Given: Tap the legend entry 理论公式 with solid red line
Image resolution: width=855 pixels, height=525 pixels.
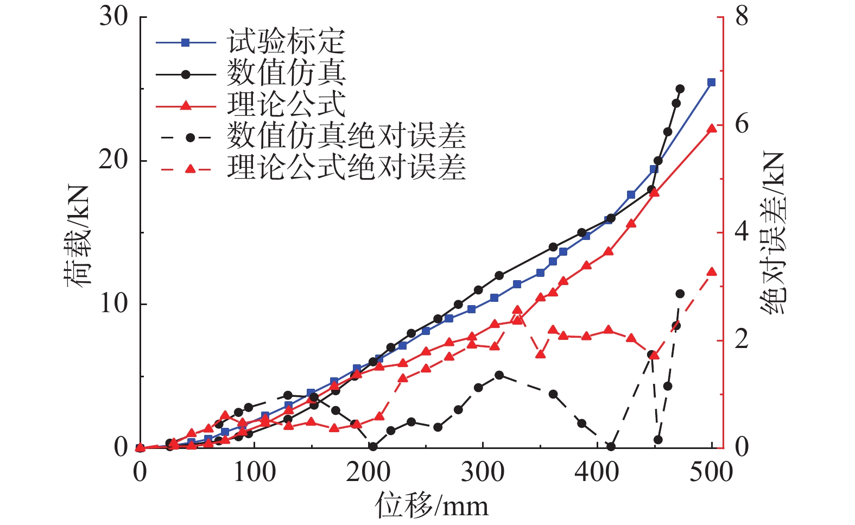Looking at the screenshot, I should pyautogui.click(x=285, y=105).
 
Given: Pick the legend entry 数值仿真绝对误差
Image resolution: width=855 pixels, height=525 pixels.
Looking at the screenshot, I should pyautogui.click(x=345, y=136).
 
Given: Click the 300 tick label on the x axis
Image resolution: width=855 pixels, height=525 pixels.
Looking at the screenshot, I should pyautogui.click(x=483, y=472).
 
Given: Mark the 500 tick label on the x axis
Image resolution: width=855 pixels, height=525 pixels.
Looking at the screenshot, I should pyautogui.click(x=711, y=472).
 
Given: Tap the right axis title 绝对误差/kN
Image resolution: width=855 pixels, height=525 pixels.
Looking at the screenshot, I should pyautogui.click(x=772, y=233).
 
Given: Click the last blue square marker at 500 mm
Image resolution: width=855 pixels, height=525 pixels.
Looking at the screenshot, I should pyautogui.click(x=712, y=83).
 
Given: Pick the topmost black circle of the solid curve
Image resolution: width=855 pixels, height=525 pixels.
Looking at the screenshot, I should pyautogui.click(x=680, y=89).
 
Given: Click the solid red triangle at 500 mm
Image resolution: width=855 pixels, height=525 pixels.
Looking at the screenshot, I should pyautogui.click(x=712, y=128).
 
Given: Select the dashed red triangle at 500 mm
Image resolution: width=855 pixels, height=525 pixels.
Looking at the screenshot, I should pyautogui.click(x=712, y=272).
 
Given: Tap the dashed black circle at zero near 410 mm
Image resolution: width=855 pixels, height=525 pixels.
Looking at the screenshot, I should pyautogui.click(x=611, y=447).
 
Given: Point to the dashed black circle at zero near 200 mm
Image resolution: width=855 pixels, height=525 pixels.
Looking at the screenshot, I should pyautogui.click(x=373, y=447).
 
